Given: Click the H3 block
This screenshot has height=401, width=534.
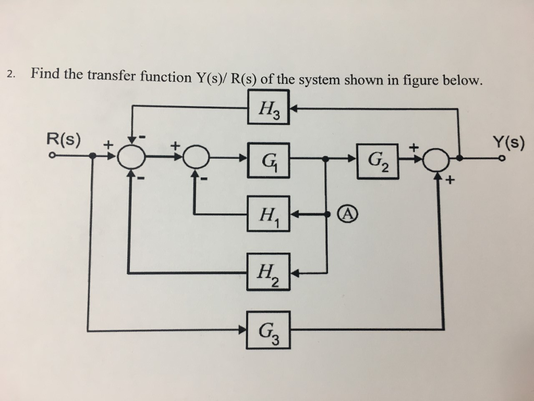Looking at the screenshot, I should pos(268,108).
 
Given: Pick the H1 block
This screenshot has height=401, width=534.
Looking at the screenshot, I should pos(268,214).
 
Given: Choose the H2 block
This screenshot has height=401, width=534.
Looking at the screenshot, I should pos(268,272).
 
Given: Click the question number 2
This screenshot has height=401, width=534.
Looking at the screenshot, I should pos(11,74).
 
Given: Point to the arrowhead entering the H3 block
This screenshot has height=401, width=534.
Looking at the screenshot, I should pos(294,109).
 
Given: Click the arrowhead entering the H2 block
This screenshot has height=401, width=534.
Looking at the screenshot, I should pos(294,273).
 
